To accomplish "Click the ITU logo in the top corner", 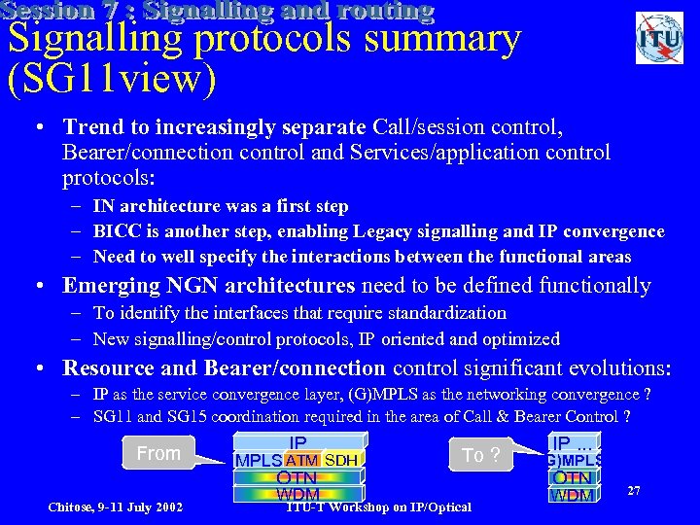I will pos(658,38).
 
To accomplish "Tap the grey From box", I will pos(159,453).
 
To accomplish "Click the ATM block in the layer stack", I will pos(302,460).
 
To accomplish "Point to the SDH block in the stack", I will pos(341,460).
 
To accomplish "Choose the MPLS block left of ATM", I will pos(259,460).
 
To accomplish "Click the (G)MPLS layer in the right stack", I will pos(574,460).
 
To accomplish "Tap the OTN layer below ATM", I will pos(297,477).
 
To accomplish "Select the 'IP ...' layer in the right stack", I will pos(574,442).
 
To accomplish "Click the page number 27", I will pos(633,492).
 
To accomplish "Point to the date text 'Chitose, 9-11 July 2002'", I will pos(116,507).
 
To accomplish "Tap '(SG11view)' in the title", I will pos(111,79).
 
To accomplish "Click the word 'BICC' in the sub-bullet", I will pos(115,231).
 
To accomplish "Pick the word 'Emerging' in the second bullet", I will pos(108,286).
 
